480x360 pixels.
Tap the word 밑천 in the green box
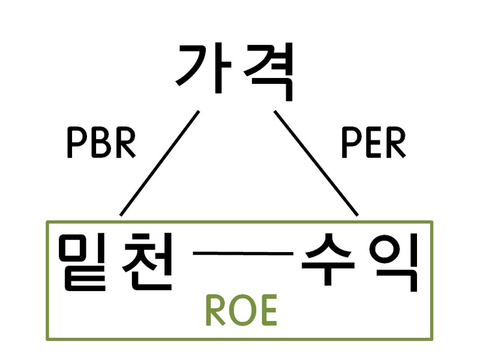tap(115, 262)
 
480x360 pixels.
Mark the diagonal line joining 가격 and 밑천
tap(160, 163)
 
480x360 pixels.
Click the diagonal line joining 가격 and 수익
tap(316, 163)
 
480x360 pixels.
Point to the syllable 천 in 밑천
tap(148, 262)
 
